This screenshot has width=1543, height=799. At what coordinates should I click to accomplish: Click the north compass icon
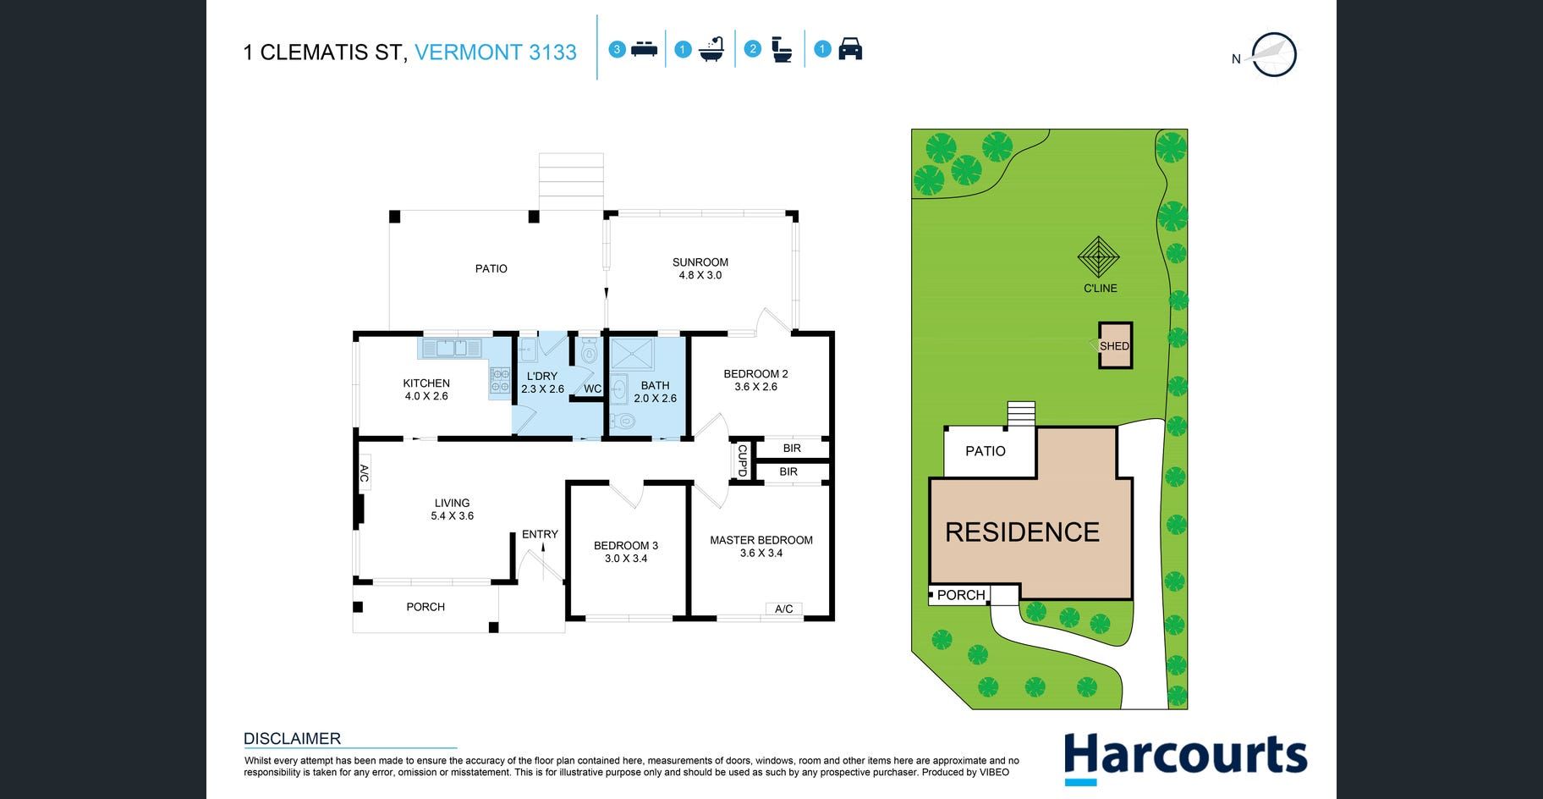point(1273,55)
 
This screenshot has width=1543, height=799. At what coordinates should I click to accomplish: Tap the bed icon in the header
point(645,49)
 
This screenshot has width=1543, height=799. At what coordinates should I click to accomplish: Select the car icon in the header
point(850,49)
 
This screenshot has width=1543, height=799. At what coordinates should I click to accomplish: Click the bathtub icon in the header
point(712,50)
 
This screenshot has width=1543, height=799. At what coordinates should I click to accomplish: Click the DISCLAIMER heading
point(292,738)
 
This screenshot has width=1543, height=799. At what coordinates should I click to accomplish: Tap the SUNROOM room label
point(700,262)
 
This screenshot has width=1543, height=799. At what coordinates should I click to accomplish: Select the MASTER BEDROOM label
point(761,540)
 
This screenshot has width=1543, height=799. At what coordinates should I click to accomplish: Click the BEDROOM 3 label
point(626,546)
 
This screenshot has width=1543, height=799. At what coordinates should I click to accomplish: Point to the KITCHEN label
point(426,383)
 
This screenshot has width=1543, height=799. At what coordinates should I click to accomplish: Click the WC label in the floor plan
point(592,389)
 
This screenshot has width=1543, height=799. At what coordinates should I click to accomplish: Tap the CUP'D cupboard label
point(742,461)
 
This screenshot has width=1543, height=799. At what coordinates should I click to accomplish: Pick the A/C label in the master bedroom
point(784,609)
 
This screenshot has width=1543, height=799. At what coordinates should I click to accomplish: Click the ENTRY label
point(540,534)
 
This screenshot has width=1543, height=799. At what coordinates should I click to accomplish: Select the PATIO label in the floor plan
point(491,268)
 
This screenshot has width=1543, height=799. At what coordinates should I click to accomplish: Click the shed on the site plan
point(1115,345)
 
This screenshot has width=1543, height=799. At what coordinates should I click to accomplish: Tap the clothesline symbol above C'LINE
point(1098,257)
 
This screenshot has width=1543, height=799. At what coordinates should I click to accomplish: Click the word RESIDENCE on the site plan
point(1022,532)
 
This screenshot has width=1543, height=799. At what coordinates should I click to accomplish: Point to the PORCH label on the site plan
point(961,595)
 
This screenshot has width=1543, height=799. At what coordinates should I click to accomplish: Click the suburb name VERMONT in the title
point(468,52)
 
